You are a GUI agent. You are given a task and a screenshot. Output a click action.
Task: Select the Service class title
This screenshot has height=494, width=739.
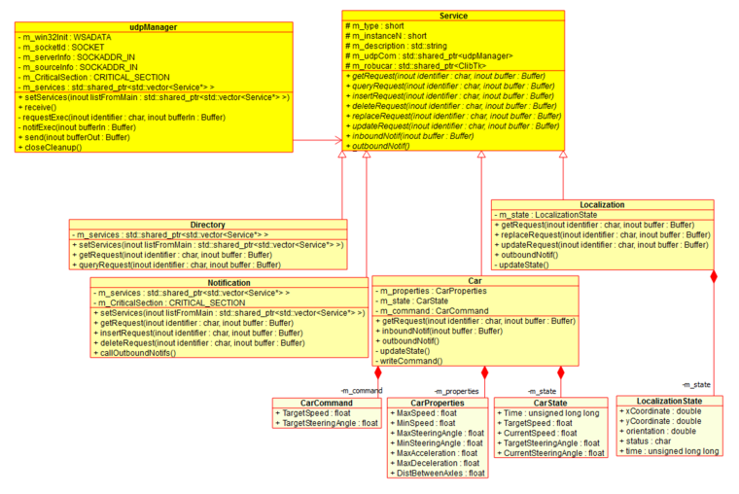pos(453,17)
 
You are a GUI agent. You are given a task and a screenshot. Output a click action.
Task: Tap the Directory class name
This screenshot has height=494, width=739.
pos(208,225)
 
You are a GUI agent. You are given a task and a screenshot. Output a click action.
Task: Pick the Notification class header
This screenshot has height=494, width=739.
pos(229,282)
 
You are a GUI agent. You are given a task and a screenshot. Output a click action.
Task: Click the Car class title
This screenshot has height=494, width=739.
pos(475,280)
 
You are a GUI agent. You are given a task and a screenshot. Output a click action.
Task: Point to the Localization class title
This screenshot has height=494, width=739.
pos(602,205)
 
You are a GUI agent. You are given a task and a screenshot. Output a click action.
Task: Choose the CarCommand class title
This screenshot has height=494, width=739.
pos(327,403)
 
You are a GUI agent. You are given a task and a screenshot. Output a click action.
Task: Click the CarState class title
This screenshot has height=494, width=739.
pos(550,403)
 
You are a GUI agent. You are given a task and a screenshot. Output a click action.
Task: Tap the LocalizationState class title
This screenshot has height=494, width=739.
pos(669,401)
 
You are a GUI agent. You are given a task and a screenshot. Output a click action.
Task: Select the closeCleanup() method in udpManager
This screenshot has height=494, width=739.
pos(54,147)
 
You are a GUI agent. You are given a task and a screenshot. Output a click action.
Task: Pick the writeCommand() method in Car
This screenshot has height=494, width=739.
pos(412,361)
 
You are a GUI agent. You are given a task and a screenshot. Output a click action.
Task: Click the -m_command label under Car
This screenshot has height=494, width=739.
pos(362,391)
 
